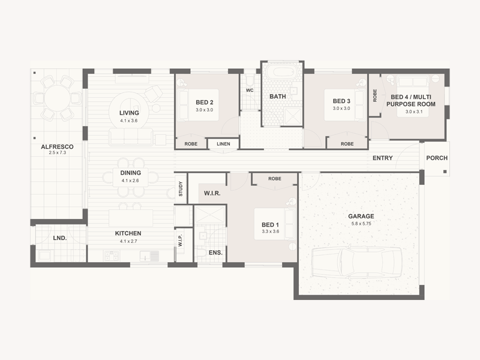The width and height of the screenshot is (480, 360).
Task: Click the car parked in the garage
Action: coord(356,262)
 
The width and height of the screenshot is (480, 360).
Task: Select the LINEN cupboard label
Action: coord(223,144)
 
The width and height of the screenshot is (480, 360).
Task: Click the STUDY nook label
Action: coord(181,188)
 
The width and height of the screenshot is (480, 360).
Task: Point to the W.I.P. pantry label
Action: coord(181,241)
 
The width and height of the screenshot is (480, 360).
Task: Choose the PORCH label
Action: coord(437,158)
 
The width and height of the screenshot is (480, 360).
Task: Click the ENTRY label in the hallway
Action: coord(382,158)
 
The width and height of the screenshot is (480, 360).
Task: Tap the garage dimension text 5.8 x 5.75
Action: coord(361,224)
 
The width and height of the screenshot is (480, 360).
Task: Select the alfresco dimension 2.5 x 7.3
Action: coord(57,152)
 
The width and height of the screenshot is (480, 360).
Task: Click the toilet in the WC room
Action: coord(250,80)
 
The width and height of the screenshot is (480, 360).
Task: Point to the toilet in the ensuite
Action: coord(201,253)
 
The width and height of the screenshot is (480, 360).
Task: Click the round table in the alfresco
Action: coord(57,98)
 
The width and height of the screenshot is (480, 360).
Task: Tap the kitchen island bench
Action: coord(131,218)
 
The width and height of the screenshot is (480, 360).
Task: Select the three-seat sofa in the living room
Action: coord(131,137)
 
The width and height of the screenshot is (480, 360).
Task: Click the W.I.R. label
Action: coord(212,193)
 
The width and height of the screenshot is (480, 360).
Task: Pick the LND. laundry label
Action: coord(59,238)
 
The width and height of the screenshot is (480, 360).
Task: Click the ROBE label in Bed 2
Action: coord(191,144)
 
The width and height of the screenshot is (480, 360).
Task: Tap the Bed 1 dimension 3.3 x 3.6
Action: coord(271,232)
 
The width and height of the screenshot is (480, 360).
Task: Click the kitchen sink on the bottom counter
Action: coord(145,256)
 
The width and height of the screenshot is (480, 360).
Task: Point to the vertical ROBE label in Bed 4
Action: coord(375,95)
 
